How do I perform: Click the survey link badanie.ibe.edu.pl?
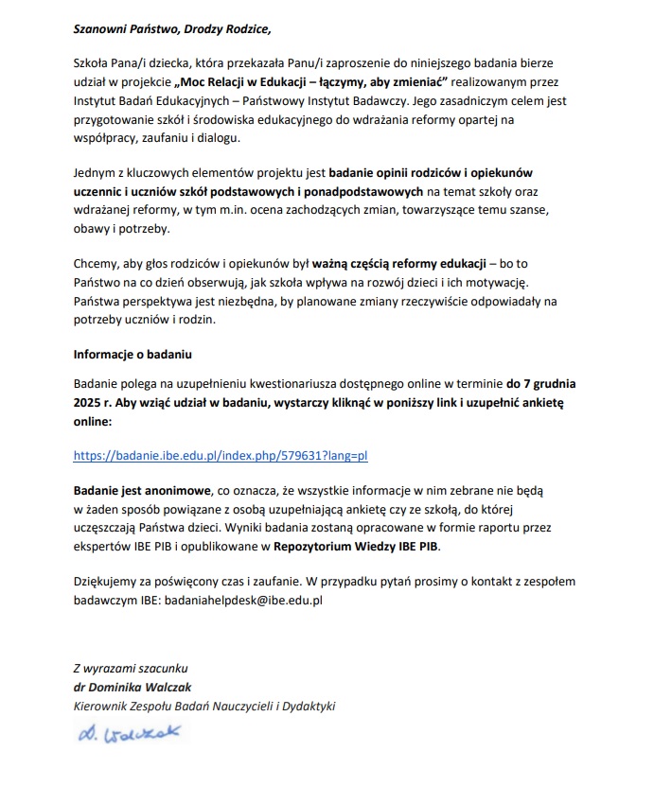pos(220,455)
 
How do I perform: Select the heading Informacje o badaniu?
pos(133,356)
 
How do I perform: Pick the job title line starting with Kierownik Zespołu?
pos(204,706)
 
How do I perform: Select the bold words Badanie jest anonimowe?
pos(143,492)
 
